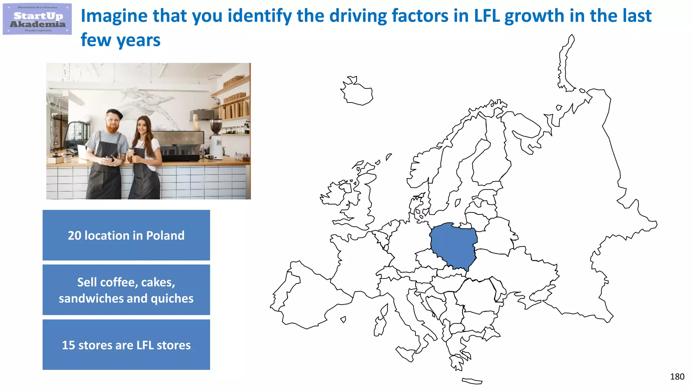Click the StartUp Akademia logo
[37, 19]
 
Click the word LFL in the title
[487, 16]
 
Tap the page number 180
[677, 376]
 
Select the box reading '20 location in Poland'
[126, 235]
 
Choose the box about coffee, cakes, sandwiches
[126, 290]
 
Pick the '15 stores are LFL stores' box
[126, 345]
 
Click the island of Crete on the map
[472, 381]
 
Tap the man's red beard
[112, 128]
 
